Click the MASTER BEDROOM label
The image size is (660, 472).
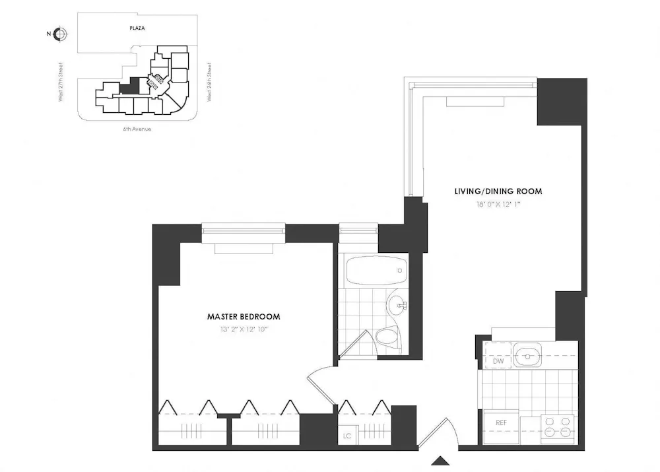pos(244,317)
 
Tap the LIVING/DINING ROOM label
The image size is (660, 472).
pos(498,191)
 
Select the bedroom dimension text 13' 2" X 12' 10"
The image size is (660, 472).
pos(244,329)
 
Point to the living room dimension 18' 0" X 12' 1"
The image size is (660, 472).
pos(498,204)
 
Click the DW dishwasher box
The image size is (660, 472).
pos(498,361)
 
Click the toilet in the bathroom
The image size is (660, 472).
pos(387,338)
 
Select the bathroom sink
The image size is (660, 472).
pos(398,305)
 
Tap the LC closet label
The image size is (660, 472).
pos(347,436)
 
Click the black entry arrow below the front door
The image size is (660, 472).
pos(440,460)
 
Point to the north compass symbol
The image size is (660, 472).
pos(59,34)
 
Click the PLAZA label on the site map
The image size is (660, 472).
pos(137,28)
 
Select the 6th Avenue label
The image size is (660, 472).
pos(137,129)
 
